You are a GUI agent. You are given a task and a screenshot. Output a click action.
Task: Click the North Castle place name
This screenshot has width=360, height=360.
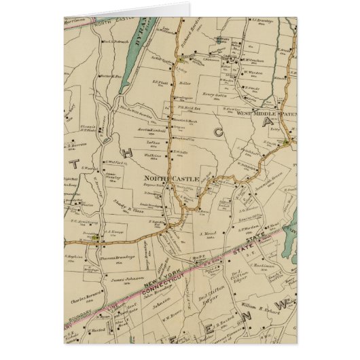pyautogui.click(x=170, y=179)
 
